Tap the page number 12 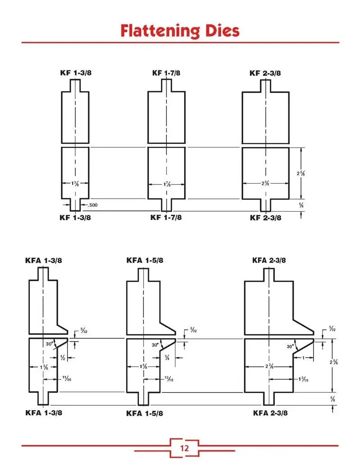point(184,448)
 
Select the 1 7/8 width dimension point(166,184)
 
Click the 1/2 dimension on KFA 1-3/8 point(63,357)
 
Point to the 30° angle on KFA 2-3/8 point(291,347)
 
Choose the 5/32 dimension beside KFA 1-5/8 point(193,330)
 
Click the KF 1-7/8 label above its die point(166,73)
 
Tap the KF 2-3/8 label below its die point(266,218)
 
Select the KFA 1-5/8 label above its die point(145,260)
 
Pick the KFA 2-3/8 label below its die point(270,412)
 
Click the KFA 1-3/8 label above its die point(44,260)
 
